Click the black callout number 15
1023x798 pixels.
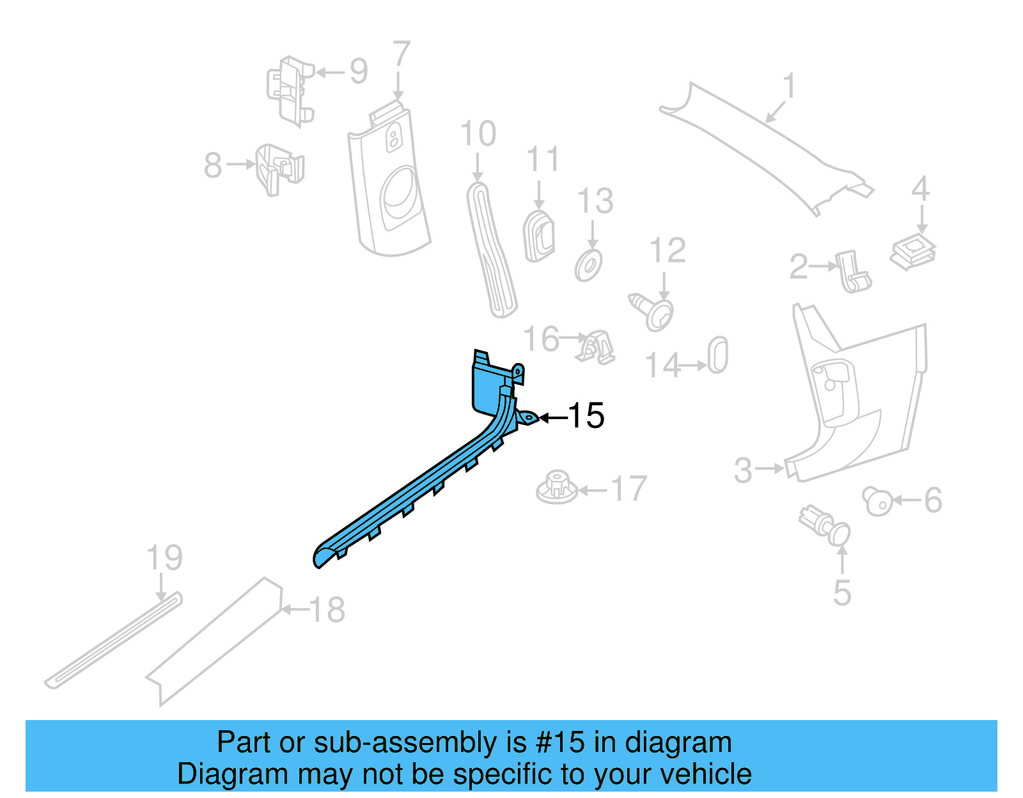(586, 416)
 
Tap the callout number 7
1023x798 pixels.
(401, 55)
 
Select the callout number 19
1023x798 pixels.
(164, 558)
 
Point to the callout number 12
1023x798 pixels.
(668, 250)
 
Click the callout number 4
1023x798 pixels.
(920, 189)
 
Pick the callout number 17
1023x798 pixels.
(629, 489)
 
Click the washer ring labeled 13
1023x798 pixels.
(589, 265)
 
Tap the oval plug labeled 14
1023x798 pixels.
(718, 355)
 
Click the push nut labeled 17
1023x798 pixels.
(556, 487)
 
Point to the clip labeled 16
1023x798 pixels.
(597, 348)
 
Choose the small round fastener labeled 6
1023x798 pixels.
(877, 500)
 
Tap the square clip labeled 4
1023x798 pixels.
(913, 250)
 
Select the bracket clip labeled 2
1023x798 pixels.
(853, 272)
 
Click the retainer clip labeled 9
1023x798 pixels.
(290, 89)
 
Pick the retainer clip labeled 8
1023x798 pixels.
(279, 168)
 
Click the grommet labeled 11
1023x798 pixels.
(539, 236)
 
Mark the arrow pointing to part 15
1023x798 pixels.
(553, 418)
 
